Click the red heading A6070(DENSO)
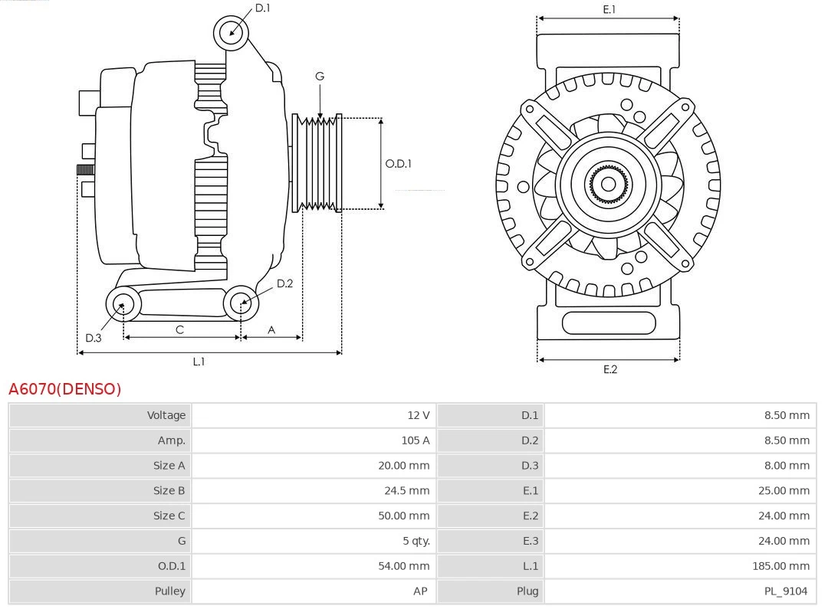tap(65, 389)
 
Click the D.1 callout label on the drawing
tap(262, 8)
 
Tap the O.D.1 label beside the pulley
tap(398, 163)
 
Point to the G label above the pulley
tap(320, 76)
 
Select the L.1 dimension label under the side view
tap(199, 362)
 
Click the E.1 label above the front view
tap(609, 9)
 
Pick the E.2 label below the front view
tap(609, 369)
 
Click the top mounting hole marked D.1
tap(231, 32)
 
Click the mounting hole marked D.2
tap(241, 304)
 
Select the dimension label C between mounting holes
tap(179, 329)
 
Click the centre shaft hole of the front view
tap(608, 184)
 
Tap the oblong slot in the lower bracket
tap(609, 323)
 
